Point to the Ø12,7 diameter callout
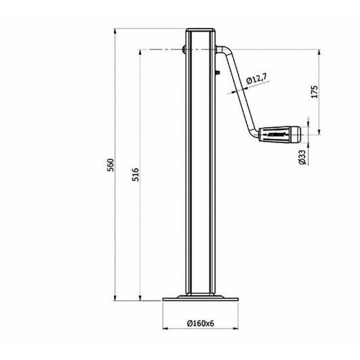point(257,80)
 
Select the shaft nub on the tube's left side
point(184,49)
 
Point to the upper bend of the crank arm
point(224,50)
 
